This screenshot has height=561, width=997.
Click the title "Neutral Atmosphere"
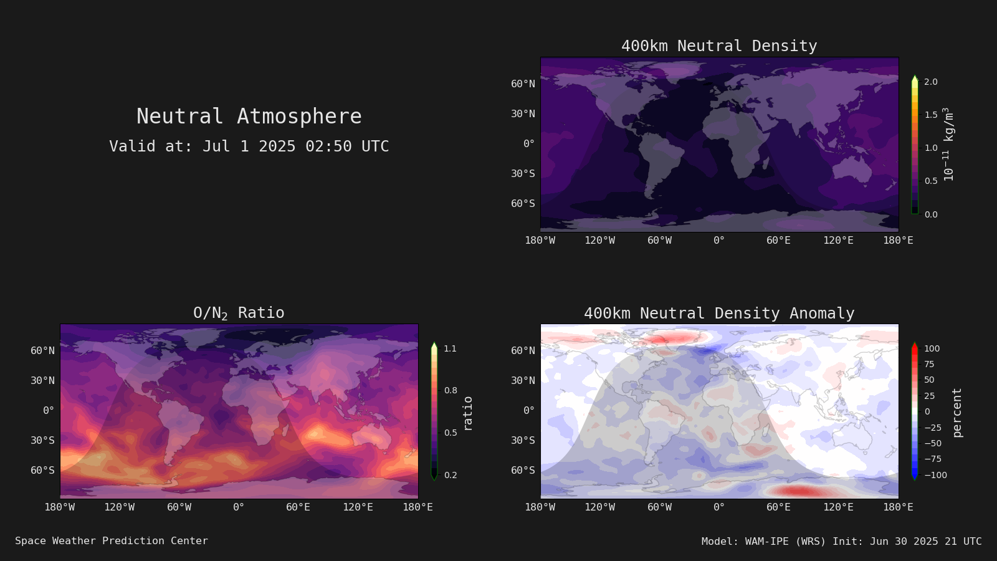(x=249, y=116)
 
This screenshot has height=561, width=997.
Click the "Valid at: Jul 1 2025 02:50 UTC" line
(x=249, y=146)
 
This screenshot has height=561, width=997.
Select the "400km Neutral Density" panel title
(x=719, y=46)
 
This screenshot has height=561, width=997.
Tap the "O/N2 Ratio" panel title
(x=239, y=313)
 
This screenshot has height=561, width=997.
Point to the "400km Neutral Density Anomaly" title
(x=719, y=314)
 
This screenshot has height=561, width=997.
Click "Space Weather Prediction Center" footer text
(x=112, y=540)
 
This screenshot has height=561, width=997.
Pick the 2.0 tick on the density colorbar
(x=931, y=82)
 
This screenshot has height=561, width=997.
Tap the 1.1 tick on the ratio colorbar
(x=450, y=348)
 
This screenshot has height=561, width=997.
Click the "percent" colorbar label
(x=957, y=413)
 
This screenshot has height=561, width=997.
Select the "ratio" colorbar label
(x=467, y=414)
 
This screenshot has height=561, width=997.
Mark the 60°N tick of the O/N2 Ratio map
(x=42, y=350)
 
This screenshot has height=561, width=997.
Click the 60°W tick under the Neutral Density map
(x=659, y=241)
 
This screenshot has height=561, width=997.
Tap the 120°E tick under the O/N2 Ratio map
(x=358, y=507)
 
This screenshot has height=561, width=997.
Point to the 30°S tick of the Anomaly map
(x=523, y=440)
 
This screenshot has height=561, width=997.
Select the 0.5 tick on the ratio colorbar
(x=451, y=433)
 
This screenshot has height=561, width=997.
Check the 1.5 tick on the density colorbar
(x=931, y=115)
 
